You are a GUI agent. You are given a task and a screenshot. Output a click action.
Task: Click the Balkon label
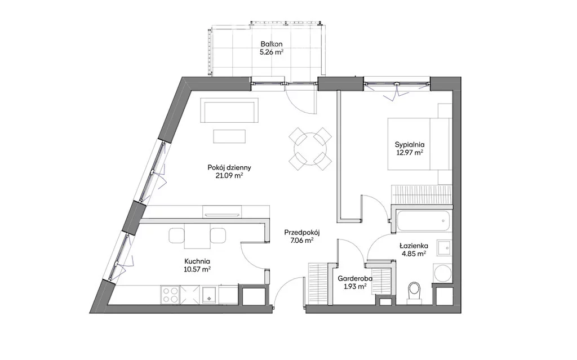coord(271,44)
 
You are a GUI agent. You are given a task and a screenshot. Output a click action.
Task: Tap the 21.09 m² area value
coord(229,176)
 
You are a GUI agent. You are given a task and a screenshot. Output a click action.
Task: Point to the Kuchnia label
coord(197,261)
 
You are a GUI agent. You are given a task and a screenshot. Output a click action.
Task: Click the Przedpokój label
coord(302,233)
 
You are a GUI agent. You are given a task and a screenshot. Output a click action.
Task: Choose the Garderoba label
coord(355,279)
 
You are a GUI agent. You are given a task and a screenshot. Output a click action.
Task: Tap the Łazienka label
coord(414,246)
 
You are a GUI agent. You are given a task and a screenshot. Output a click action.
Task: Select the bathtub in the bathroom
coord(423,221)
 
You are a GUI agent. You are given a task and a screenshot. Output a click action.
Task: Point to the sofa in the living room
coord(230,110)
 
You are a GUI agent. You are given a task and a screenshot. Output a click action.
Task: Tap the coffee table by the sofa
coord(230,136)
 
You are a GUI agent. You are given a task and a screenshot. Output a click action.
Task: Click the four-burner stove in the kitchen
coord(170,295)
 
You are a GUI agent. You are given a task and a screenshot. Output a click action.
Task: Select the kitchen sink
coord(209,295)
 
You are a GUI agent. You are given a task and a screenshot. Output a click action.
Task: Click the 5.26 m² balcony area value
coord(272,52)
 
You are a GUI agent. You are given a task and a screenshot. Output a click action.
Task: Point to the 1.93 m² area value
coord(355,286)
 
